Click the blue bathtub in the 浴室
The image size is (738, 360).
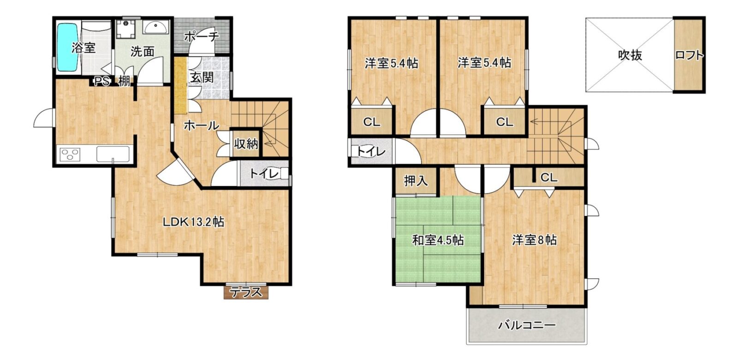(x=68, y=47)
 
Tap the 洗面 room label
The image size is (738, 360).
(x=143, y=51)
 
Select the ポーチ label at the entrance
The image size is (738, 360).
(x=202, y=36)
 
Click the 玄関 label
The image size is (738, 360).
(x=202, y=78)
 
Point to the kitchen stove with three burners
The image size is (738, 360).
(x=70, y=155)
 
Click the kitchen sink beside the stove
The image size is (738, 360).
(x=113, y=154)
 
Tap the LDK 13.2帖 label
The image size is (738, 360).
(x=194, y=222)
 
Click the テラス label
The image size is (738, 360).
(x=246, y=292)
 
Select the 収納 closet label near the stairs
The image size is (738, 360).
(x=246, y=144)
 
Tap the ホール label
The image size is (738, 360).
(x=202, y=125)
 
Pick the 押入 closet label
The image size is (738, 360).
(x=416, y=180)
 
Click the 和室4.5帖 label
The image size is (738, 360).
(x=438, y=240)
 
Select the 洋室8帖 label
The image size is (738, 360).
(x=535, y=240)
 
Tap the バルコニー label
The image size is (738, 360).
(x=527, y=326)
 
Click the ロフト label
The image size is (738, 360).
(x=689, y=55)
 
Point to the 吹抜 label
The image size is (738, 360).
(x=630, y=55)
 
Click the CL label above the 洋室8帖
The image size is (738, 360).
(x=549, y=178)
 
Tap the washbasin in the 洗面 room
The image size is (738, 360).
(x=156, y=27)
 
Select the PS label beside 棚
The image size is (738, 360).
(x=102, y=81)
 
